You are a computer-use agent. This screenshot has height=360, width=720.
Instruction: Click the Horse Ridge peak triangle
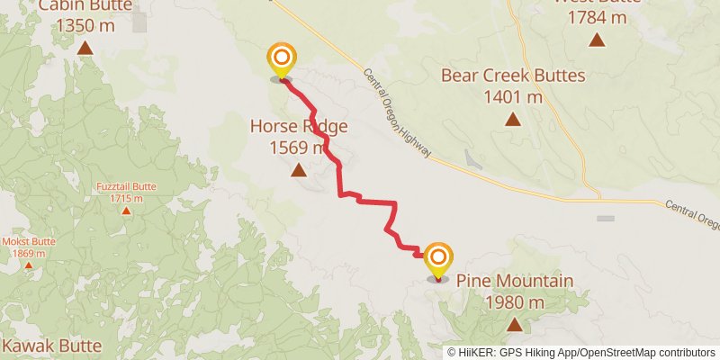298,168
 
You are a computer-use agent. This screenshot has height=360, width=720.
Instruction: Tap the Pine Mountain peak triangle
514,325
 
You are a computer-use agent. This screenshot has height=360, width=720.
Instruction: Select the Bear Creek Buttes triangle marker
512,119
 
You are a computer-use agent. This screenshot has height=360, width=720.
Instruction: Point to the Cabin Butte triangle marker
85,48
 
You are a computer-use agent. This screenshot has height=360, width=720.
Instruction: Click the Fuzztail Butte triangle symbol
126,211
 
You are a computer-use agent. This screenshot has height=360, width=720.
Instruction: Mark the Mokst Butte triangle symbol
30,266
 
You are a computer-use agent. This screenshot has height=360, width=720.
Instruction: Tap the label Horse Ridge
298,127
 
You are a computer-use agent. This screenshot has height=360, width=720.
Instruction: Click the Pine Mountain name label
514,282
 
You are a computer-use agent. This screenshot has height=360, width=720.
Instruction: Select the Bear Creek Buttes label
513,76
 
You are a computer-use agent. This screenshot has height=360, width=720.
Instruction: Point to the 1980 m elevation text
514,302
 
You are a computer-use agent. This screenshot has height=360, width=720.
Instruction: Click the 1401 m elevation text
513,96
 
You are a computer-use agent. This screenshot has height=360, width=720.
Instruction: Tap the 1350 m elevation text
85,25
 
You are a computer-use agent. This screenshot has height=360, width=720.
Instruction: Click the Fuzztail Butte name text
126,187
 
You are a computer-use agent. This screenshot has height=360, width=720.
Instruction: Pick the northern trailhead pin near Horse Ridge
282,60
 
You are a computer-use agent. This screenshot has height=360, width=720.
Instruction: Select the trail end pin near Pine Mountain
438,260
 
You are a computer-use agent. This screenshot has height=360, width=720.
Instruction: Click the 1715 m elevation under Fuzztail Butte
126,198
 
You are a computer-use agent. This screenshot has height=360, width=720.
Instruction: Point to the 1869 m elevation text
30,253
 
